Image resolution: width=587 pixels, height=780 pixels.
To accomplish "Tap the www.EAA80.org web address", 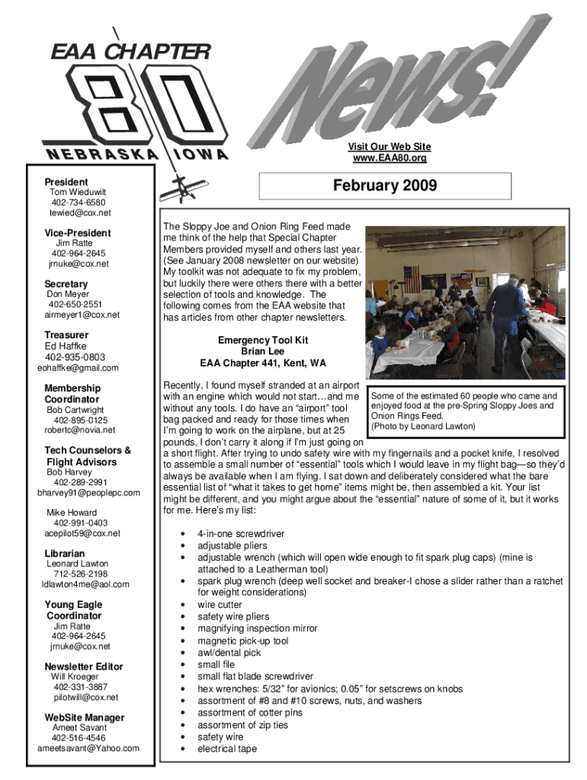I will [x=389, y=158].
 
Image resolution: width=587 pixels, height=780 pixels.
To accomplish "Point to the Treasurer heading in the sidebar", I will [x=66, y=335].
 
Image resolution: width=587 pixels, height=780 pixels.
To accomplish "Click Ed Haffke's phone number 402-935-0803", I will [x=75, y=357].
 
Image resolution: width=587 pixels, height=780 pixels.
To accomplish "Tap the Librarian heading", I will [x=65, y=553].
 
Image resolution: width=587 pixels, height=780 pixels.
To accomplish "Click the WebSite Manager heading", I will [x=85, y=718].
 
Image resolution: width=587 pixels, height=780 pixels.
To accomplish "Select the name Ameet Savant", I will [x=79, y=727].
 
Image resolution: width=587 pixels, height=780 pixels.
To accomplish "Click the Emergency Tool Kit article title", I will [x=263, y=340].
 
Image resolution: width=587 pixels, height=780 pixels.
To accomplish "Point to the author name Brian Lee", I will [x=263, y=352].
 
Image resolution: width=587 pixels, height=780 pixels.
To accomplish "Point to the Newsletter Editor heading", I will [x=84, y=667].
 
